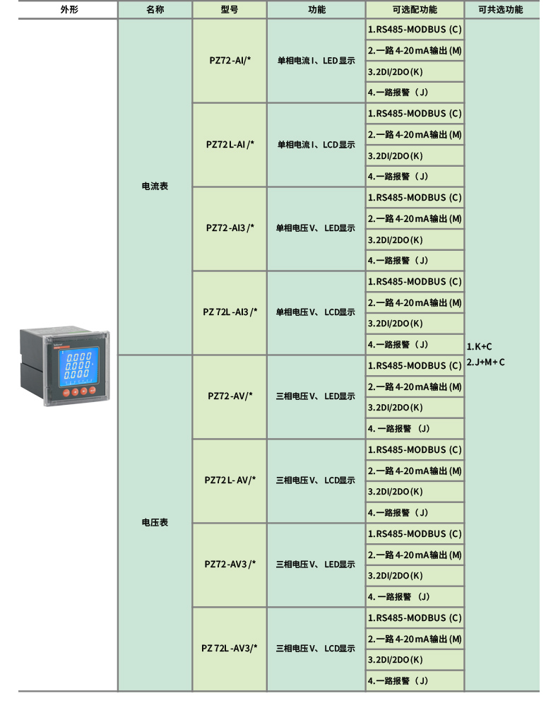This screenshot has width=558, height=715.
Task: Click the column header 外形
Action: pyautogui.click(x=69, y=10)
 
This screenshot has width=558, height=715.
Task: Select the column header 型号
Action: pyautogui.click(x=230, y=10)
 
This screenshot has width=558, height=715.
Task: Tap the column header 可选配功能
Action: pyautogui.click(x=415, y=10)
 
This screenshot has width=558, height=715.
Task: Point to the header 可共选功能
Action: pyautogui.click(x=501, y=10)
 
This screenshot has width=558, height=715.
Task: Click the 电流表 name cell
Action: pyautogui.click(x=155, y=186)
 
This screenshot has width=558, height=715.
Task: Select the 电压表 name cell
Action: pyautogui.click(x=155, y=523)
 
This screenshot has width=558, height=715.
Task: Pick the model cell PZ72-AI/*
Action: pyautogui.click(x=230, y=60)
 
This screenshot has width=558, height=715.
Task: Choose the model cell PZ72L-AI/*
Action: pyautogui.click(x=230, y=145)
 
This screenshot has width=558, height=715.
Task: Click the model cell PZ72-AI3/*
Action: pyautogui.click(x=230, y=228)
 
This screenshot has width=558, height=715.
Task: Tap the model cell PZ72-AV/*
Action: pyautogui.click(x=230, y=396)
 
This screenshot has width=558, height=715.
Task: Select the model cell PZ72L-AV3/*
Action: pyautogui.click(x=230, y=648)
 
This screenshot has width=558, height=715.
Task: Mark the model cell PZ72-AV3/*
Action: pyautogui.click(x=230, y=564)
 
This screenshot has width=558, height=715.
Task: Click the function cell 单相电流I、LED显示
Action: pyautogui.click(x=316, y=60)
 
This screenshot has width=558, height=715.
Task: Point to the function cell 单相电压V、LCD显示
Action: pyautogui.click(x=316, y=312)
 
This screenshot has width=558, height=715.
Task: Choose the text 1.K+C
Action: pyautogui.click(x=479, y=347)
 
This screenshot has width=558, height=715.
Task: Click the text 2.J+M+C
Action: pyautogui.click(x=485, y=362)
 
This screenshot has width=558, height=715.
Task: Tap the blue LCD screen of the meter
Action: pyautogui.click(x=76, y=366)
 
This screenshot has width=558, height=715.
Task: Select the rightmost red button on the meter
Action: pyautogui.click(x=93, y=390)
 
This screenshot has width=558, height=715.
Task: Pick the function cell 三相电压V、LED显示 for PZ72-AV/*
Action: pyautogui.click(x=316, y=396)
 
